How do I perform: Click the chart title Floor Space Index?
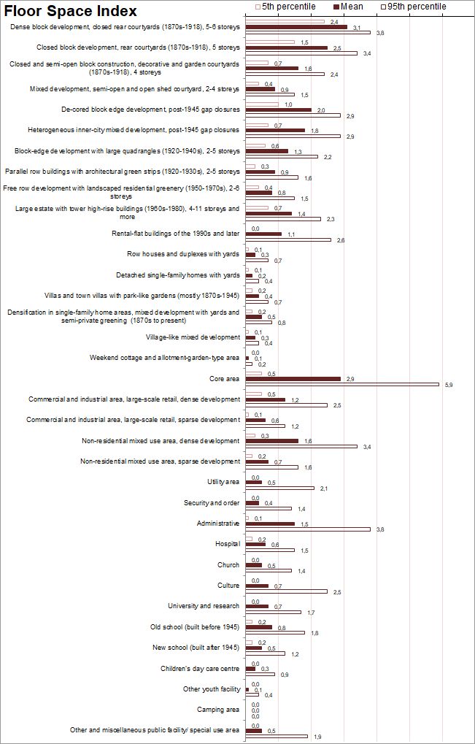click(x=71, y=11)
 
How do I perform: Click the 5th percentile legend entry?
click(x=285, y=7)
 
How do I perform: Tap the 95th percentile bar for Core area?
click(x=342, y=385)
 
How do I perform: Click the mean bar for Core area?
click(x=293, y=379)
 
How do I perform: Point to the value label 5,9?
click(x=449, y=386)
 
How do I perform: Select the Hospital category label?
click(x=227, y=544)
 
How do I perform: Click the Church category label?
click(x=228, y=565)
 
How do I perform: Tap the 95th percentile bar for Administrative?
click(x=308, y=529)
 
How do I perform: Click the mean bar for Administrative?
click(x=270, y=524)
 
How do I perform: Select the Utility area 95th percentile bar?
click(x=279, y=488)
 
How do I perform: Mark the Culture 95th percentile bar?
click(x=286, y=591)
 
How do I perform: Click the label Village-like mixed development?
click(x=193, y=337)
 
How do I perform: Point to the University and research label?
click(x=204, y=606)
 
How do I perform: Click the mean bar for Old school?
click(x=258, y=627)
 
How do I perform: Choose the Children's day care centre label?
click(x=200, y=668)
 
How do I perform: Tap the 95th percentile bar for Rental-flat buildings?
click(x=287, y=240)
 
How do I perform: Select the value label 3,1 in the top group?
click(x=357, y=27)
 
